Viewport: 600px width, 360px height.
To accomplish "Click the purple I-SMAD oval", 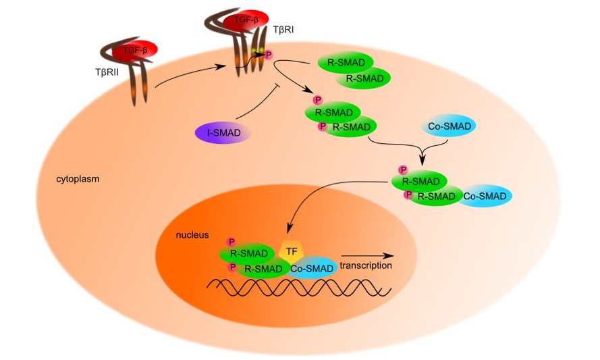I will [222, 132].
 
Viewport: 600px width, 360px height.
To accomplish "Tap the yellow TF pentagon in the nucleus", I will [292, 252].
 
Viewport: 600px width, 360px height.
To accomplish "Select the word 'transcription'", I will [366, 266].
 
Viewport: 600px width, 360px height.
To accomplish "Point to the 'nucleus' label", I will [192, 235].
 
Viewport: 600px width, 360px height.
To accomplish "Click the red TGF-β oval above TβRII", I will [136, 49].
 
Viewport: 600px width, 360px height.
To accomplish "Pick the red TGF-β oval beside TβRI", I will [246, 20].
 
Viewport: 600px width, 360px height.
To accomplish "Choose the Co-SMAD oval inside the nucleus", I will [312, 268].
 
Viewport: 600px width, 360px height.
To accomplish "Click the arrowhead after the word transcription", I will [391, 256].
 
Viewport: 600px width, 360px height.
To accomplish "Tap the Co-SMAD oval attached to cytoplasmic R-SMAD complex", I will [483, 196].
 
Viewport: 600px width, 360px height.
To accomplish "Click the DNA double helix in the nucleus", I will [297, 287].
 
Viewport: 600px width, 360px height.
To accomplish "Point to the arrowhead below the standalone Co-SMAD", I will [422, 161].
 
